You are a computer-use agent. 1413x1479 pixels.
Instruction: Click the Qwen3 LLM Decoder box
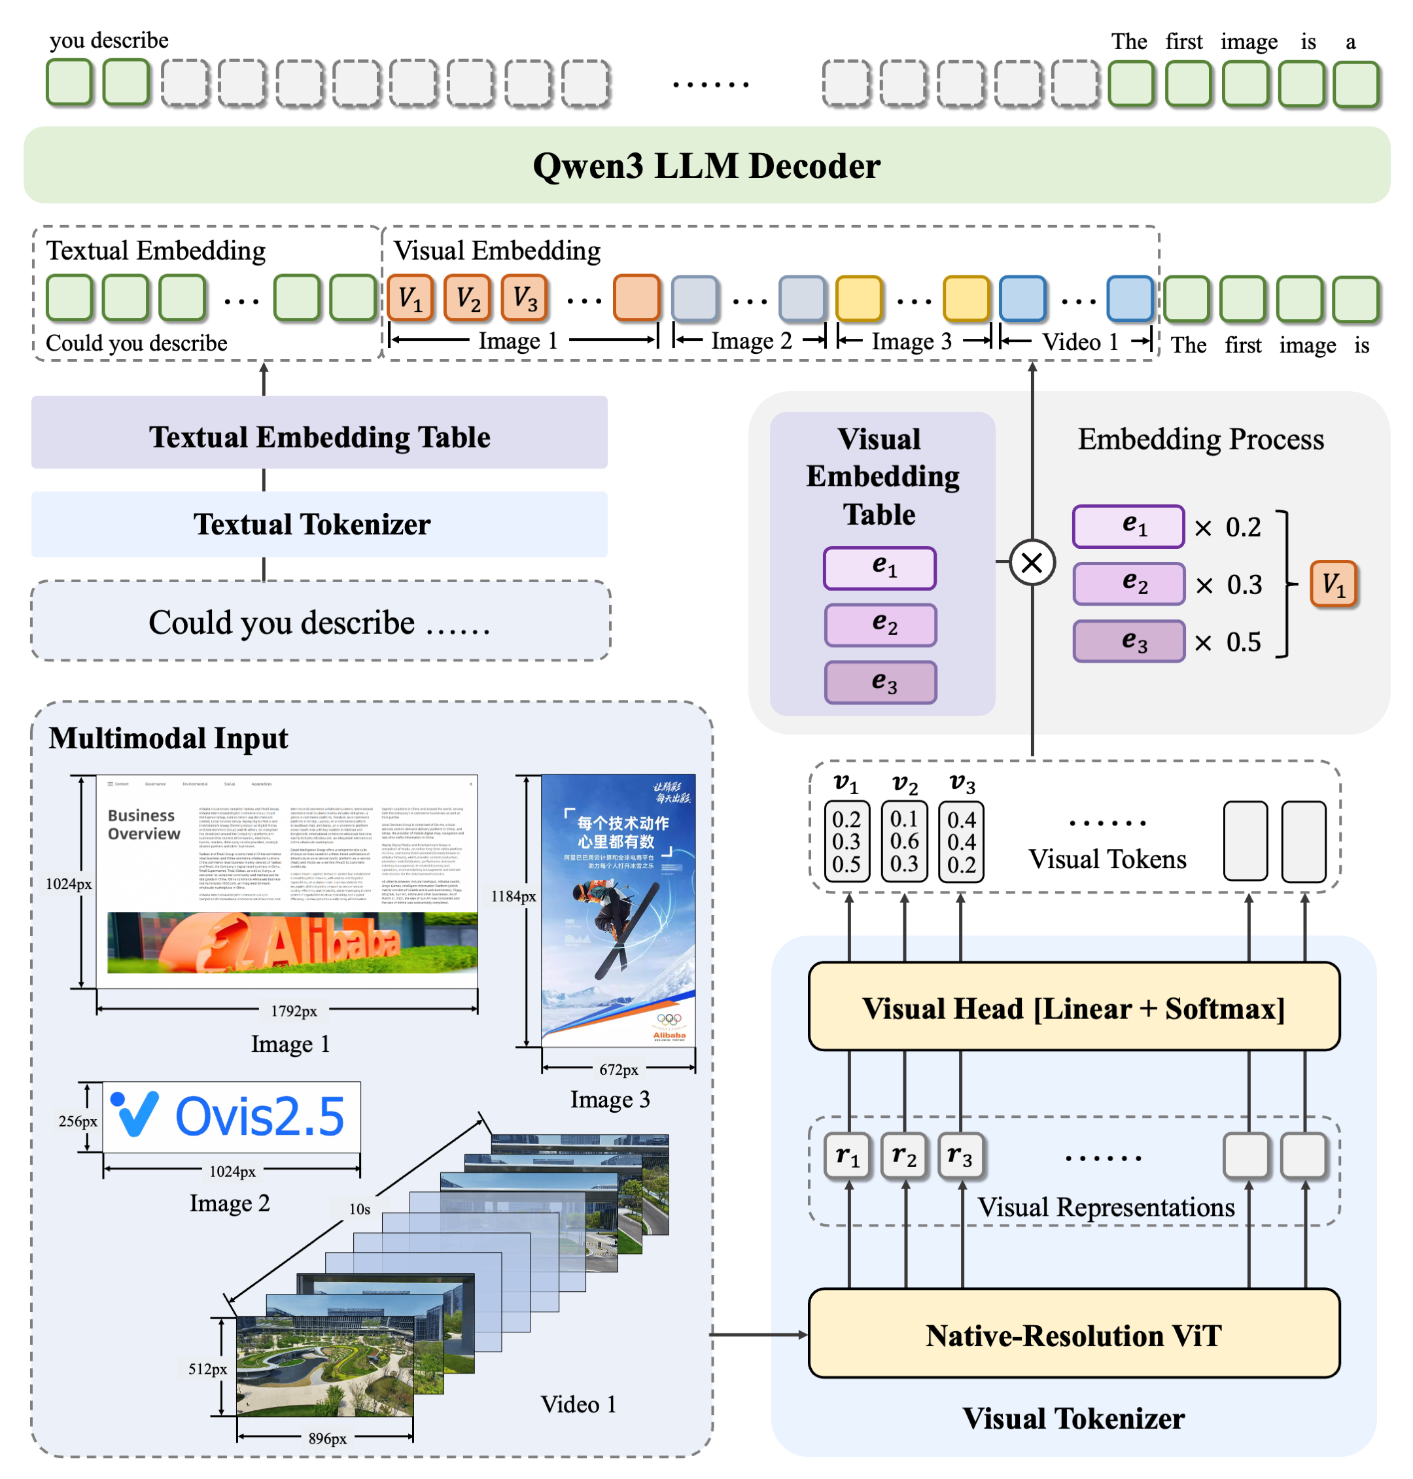coord(706,165)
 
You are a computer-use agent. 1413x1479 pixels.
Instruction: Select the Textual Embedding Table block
coord(319,437)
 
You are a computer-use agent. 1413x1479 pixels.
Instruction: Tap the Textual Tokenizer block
coord(319,524)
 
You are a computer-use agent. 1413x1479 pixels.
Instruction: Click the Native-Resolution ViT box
coord(1073,1335)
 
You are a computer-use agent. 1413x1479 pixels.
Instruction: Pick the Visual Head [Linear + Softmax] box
coord(1073,1008)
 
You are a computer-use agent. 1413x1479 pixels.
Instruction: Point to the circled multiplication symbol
coord(1031,562)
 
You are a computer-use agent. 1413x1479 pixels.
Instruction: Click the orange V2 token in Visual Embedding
coord(467,298)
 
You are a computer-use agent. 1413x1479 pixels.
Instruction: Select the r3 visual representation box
coord(961,1155)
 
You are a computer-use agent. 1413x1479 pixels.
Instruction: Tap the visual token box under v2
coord(904,841)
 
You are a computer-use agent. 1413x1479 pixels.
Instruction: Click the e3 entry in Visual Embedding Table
coord(881,682)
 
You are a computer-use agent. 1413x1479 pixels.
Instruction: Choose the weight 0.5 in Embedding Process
coord(1243,642)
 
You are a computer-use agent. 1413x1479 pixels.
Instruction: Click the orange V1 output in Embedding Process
coord(1333,583)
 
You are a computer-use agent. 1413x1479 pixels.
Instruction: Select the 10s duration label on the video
coord(359,1209)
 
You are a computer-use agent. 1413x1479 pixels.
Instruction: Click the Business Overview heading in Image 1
coord(143,825)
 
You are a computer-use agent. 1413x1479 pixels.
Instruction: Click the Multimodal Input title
coord(168,738)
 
